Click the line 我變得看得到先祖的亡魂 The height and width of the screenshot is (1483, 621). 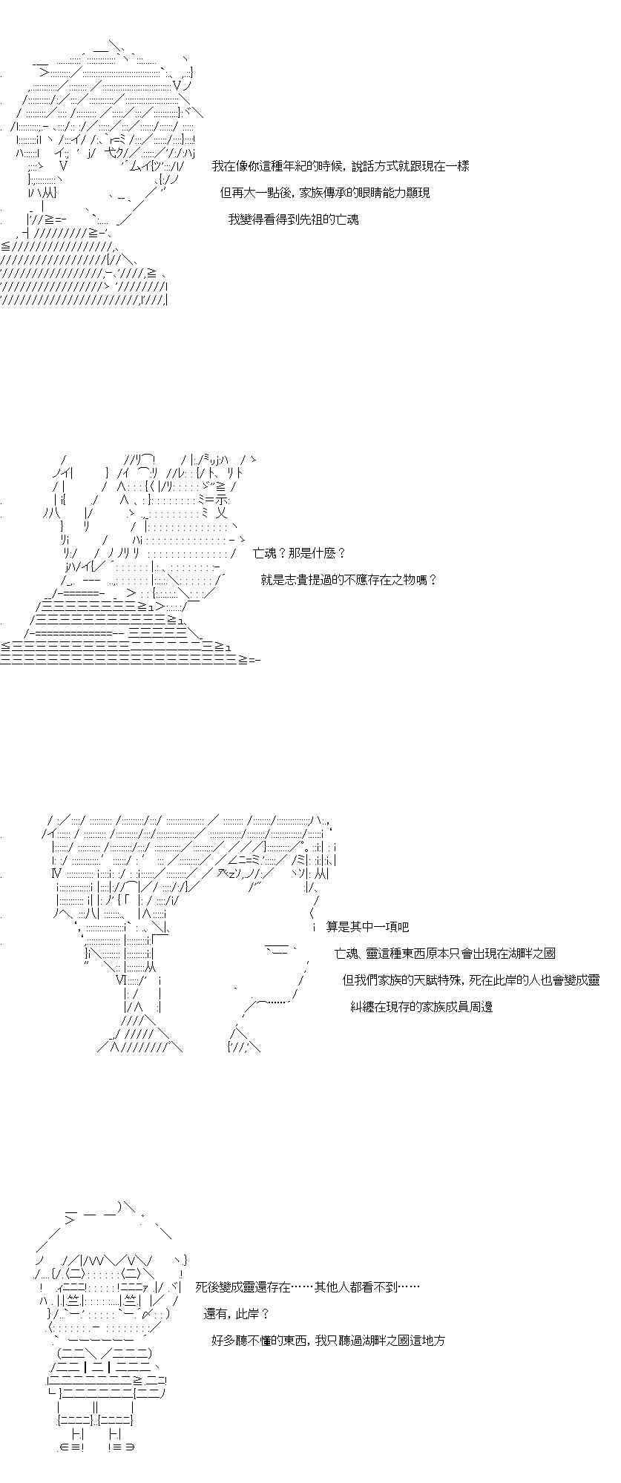(x=294, y=219)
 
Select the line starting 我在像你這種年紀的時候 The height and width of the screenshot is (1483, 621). (x=341, y=166)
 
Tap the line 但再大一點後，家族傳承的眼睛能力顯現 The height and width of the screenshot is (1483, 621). (x=325, y=193)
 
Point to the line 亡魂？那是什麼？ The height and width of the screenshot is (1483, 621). (x=300, y=553)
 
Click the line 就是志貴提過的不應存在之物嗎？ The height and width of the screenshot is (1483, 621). (x=349, y=580)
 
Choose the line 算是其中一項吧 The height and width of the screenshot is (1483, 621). (x=367, y=927)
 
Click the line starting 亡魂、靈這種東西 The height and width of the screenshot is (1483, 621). (x=445, y=954)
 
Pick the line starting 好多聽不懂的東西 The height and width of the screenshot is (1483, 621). (x=328, y=1341)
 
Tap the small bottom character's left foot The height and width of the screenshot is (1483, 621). (x=112, y=1447)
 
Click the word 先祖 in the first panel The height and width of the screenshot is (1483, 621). (x=312, y=219)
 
